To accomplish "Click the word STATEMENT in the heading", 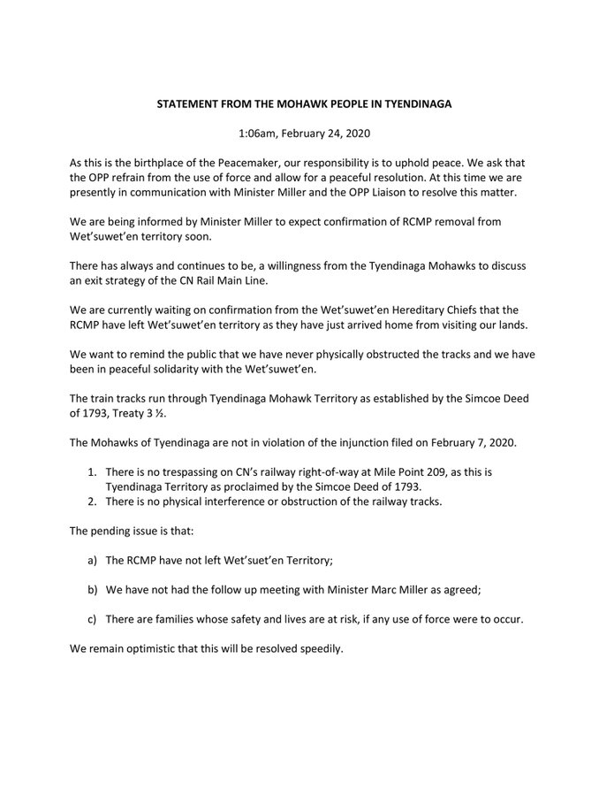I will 166,104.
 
